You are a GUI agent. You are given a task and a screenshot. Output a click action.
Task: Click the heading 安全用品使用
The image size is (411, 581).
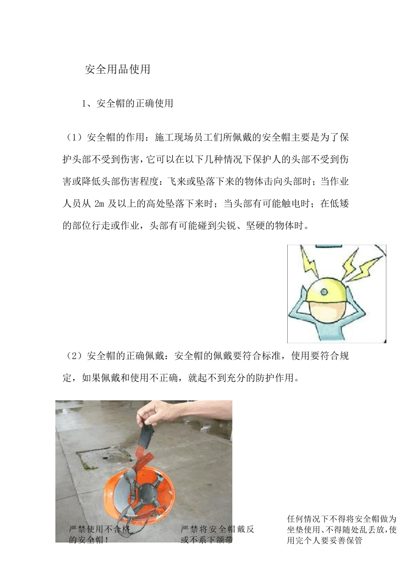click(x=117, y=70)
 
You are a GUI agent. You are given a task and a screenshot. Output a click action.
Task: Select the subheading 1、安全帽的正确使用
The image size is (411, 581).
click(x=128, y=104)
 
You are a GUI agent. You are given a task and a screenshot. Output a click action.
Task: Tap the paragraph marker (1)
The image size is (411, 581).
click(x=74, y=138)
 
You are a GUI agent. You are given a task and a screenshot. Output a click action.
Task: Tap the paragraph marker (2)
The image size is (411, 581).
click(x=74, y=356)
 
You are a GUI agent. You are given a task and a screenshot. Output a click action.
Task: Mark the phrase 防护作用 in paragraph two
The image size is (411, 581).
click(x=279, y=378)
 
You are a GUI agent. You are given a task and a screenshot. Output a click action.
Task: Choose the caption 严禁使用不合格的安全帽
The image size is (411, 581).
click(x=99, y=535)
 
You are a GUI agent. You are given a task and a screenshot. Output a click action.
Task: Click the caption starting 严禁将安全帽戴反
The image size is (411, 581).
click(x=217, y=535)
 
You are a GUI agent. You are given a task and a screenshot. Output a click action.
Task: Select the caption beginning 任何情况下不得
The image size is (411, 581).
click(x=341, y=530)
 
